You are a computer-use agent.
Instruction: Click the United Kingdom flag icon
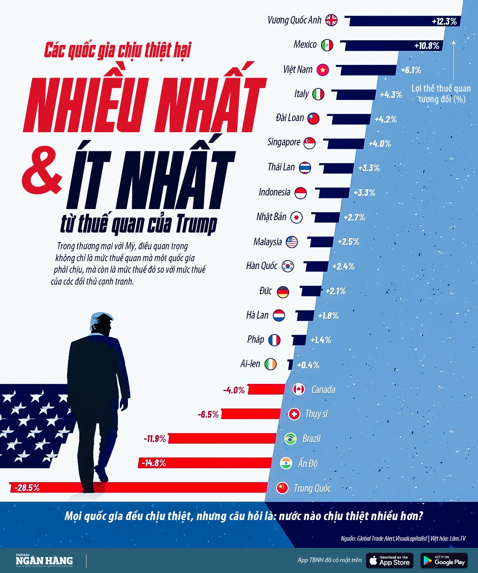tap(331, 20)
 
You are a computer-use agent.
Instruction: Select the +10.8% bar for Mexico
tap(392, 45)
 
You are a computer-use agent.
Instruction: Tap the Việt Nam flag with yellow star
tap(323, 70)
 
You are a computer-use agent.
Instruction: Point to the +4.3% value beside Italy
tap(391, 95)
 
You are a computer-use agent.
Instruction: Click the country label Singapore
tap(284, 142)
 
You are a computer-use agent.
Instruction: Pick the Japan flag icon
tap(296, 217)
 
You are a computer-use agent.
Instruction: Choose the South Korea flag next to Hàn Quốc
tap(288, 266)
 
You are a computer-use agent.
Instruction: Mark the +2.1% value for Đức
tap(335, 291)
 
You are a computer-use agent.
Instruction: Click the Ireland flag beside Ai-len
tap(270, 364)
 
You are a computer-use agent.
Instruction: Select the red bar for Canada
tap(266, 389)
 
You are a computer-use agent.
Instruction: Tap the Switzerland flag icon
tap(294, 414)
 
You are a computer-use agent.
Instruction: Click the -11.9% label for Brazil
tap(155, 439)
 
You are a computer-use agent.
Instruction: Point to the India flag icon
tap(286, 463)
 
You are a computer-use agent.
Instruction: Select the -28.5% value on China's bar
tap(27, 488)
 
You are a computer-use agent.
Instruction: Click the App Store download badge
tap(390, 561)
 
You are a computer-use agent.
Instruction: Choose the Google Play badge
tap(444, 561)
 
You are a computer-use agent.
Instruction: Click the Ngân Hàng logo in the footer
tap(44, 561)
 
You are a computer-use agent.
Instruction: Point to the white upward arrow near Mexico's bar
tap(453, 60)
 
